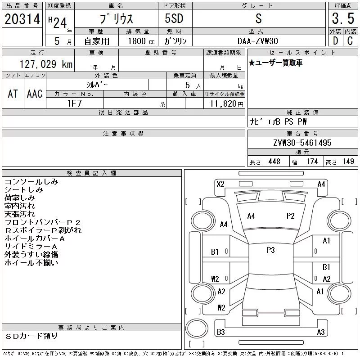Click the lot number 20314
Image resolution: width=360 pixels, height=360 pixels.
coord(22,19)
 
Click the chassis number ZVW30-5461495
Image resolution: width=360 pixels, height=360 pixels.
coord(302,143)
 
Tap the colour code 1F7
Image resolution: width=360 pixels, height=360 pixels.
coord(74,103)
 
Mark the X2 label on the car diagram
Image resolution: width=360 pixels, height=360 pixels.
coord(220,184)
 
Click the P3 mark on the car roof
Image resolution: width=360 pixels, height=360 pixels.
coord(270,250)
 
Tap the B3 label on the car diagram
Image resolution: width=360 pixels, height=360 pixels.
coord(220,332)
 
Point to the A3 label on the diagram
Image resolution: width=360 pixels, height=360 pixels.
coord(321,332)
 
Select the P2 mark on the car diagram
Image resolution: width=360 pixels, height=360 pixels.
coord(290,216)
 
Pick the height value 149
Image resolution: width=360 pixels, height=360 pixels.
coord(348,162)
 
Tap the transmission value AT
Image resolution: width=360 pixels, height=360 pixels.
coord(13,94)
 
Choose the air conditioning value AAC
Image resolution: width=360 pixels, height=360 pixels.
coord(35,94)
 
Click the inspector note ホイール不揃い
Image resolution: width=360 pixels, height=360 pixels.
coord(31,263)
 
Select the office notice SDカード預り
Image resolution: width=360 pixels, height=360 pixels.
coord(32,336)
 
